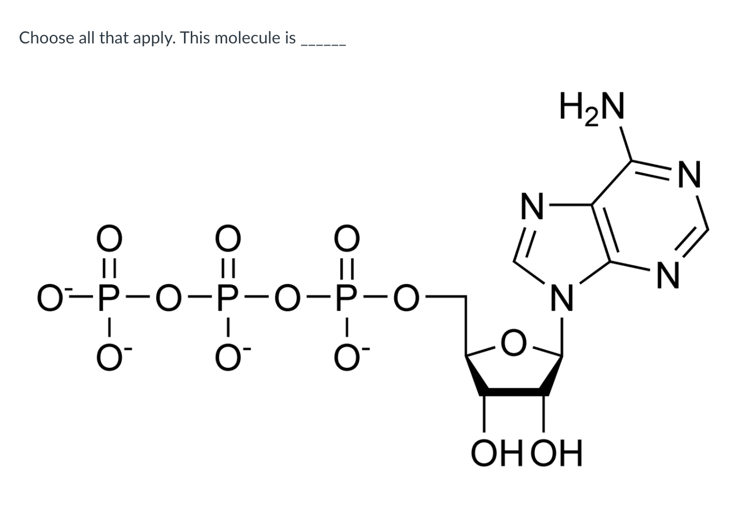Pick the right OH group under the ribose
(x=556, y=454)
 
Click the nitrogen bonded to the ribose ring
(x=562, y=299)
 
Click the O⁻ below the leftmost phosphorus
(x=108, y=360)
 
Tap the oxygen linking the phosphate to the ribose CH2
(x=406, y=300)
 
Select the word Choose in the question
(x=46, y=38)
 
